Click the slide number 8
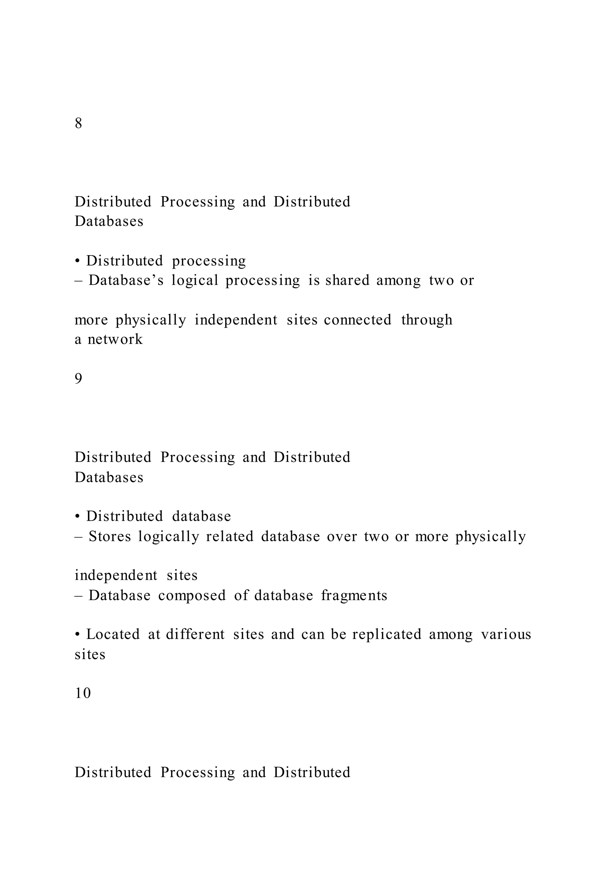[79, 123]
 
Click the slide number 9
[79, 379]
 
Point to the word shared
[347, 281]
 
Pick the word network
[115, 339]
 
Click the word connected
[357, 320]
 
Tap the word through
[427, 320]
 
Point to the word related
[229, 537]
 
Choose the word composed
[192, 596]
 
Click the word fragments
[354, 596]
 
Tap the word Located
[113, 634]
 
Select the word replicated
[387, 634]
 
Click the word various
[506, 634]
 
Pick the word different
[195, 634]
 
